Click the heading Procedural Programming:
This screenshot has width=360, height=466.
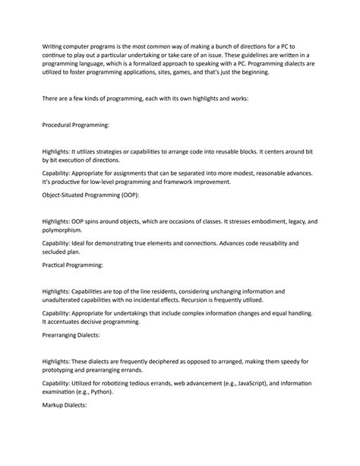click(76, 123)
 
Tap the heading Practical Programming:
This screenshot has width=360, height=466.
click(72, 265)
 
